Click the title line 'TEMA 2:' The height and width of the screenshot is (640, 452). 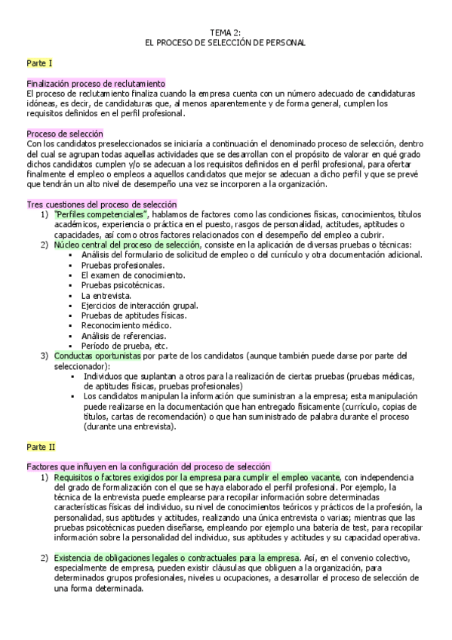(226, 32)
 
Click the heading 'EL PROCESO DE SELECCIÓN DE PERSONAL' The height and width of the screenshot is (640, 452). (226, 43)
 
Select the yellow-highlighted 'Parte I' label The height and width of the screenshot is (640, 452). (38, 63)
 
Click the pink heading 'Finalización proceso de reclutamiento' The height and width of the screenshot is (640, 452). (96, 84)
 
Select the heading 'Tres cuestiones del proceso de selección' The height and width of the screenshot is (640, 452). (101, 204)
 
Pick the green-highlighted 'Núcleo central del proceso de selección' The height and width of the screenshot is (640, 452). (128, 245)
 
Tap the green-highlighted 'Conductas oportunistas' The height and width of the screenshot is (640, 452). (97, 355)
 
